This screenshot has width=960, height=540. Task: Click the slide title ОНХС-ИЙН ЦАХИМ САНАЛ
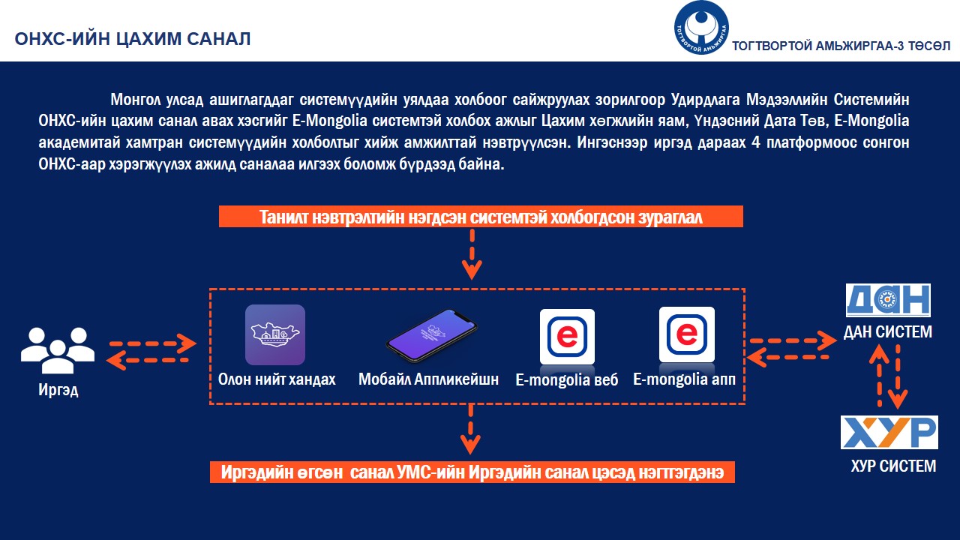coord(133,39)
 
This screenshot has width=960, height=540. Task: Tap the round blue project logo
coord(701,28)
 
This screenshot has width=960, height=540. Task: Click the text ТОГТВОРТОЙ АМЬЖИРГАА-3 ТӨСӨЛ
coord(841,46)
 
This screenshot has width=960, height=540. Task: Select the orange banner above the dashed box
coord(481,217)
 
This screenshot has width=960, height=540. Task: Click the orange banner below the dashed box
coord(472,472)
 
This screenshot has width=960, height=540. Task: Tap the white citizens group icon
coord(58,350)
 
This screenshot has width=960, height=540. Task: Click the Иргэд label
coord(58,390)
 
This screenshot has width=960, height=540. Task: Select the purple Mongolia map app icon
coord(275,334)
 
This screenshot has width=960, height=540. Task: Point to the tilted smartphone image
coord(431,336)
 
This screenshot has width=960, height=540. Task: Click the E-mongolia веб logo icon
coord(567,337)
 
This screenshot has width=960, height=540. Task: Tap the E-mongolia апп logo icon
coord(686,334)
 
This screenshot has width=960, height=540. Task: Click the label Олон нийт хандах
coord(277,379)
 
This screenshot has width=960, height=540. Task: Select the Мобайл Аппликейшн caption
coord(428,379)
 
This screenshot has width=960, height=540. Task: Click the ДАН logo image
coord(888,300)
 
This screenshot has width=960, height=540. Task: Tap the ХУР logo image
coord(889,432)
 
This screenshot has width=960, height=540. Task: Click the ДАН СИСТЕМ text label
coord(888,331)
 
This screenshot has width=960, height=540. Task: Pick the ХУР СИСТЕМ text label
coord(893,466)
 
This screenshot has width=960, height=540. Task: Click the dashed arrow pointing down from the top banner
coord(472,254)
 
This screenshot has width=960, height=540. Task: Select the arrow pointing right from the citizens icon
coord(153,343)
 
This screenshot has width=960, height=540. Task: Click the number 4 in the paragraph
coord(756,142)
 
